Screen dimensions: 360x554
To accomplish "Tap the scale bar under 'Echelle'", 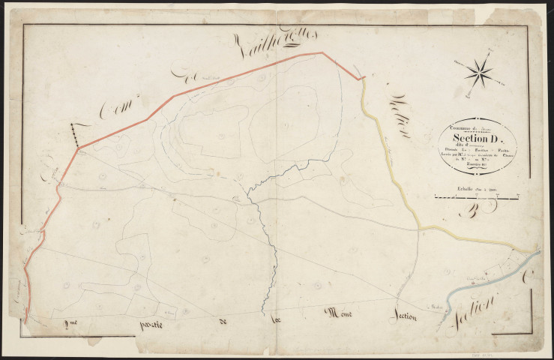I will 478,198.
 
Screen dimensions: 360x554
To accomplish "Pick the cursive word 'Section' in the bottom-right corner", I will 475,312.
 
